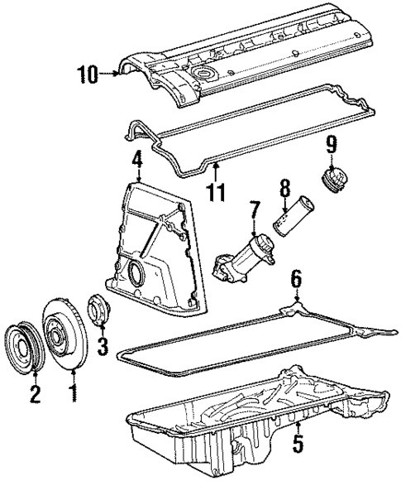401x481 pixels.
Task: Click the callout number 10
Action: (88, 75)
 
